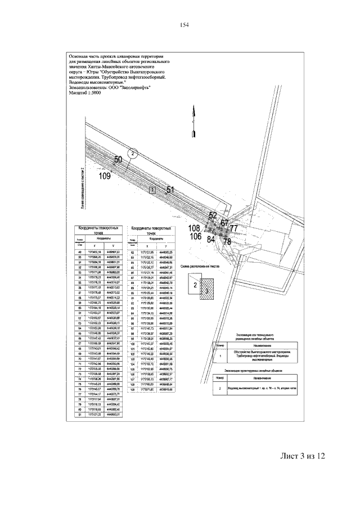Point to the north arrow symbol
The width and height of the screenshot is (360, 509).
(193, 120)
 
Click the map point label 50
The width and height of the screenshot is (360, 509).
(119, 160)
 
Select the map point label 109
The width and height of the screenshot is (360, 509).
(105, 176)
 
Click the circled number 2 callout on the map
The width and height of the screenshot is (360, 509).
(132, 152)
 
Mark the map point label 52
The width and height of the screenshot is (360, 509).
(212, 215)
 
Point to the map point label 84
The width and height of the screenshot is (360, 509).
(211, 239)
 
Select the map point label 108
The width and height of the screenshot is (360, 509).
(195, 228)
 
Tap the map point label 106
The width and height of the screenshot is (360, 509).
(195, 237)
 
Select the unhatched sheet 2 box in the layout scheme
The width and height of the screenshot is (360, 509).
(195, 285)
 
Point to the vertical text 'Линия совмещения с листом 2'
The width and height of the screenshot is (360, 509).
(82, 188)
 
